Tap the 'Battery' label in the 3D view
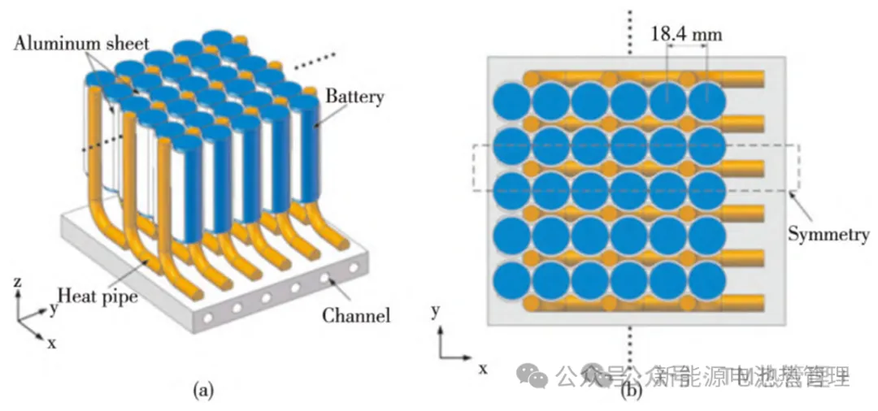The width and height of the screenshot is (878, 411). (354, 97)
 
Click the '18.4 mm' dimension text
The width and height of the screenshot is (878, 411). (685, 34)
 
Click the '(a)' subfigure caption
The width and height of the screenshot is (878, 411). (202, 391)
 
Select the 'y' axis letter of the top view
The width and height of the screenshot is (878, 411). (437, 311)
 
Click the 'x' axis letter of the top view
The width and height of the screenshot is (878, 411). (482, 368)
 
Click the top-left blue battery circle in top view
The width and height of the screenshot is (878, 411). (511, 102)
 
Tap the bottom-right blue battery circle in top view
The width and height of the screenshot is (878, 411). (706, 281)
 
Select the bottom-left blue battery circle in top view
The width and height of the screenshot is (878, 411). (511, 281)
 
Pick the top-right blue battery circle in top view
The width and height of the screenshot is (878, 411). (706, 102)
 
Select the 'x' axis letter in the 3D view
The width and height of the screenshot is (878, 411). (52, 342)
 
